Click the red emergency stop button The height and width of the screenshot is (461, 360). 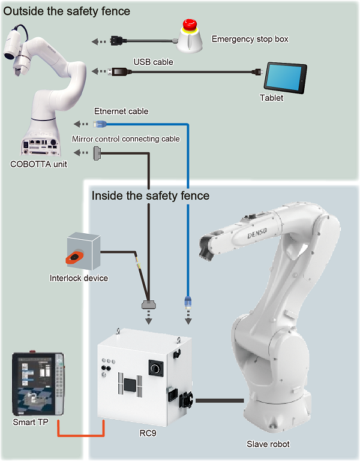[x=190, y=26]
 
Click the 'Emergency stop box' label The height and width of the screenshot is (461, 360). [x=250, y=39]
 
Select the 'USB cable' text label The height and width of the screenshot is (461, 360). [x=153, y=61]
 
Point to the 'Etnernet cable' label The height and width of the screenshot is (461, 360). [x=121, y=111]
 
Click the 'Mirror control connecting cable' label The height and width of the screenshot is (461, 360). [x=125, y=138]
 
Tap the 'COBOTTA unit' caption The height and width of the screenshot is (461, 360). [x=39, y=164]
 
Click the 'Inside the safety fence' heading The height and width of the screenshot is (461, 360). [x=150, y=195]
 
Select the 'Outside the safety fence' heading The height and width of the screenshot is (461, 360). [x=67, y=11]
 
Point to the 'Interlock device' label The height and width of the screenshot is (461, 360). [x=79, y=278]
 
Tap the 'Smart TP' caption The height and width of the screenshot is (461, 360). [x=31, y=422]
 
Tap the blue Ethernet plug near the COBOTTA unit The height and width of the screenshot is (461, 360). [x=100, y=124]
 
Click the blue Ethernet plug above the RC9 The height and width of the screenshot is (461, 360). [x=188, y=300]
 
